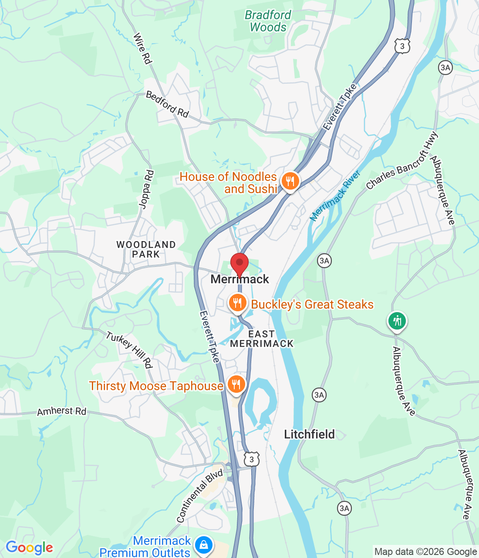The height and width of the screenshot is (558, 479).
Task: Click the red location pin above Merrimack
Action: click(239, 264)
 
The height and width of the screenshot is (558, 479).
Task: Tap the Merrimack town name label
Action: click(240, 279)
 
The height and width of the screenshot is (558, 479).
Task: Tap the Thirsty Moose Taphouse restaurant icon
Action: click(236, 384)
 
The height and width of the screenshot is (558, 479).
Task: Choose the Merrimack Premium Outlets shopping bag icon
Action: click(203, 545)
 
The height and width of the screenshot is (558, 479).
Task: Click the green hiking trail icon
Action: click(397, 321)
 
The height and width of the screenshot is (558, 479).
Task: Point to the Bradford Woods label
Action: click(268, 21)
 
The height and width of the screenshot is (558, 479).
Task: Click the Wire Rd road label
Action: click(142, 48)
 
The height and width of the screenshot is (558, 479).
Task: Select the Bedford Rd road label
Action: click(167, 104)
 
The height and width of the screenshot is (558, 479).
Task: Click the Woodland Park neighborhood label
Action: click(146, 249)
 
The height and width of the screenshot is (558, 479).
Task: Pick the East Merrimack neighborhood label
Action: click(262, 339)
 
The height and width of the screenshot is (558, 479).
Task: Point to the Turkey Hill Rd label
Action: click(129, 350)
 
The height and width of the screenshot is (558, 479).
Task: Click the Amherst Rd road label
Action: click(62, 411)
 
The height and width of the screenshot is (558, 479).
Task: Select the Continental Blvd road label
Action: click(200, 496)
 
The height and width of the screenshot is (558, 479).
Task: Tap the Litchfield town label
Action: click(309, 434)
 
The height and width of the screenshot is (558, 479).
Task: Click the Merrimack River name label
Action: click(335, 196)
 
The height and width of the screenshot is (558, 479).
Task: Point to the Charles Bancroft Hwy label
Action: click(401, 161)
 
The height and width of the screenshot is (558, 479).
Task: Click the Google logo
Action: click(29, 548)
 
